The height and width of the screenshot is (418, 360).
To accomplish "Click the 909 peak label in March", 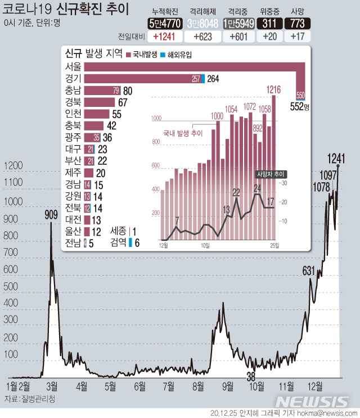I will point(51,214).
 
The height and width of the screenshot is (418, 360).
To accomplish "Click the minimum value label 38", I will point(251,376).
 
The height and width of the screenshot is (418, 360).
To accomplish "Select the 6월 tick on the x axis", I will point(139,386).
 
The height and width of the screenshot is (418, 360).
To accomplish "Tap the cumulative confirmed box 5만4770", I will point(165,23).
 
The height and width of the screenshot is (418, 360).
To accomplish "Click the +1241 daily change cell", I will point(165,37).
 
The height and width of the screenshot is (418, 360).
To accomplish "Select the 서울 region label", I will point(73,67).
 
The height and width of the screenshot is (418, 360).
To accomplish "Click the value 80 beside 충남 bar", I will point(128,91).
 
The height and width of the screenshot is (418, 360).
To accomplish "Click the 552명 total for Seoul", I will point(300,106).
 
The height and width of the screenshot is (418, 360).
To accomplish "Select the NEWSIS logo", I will point(313,401).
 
